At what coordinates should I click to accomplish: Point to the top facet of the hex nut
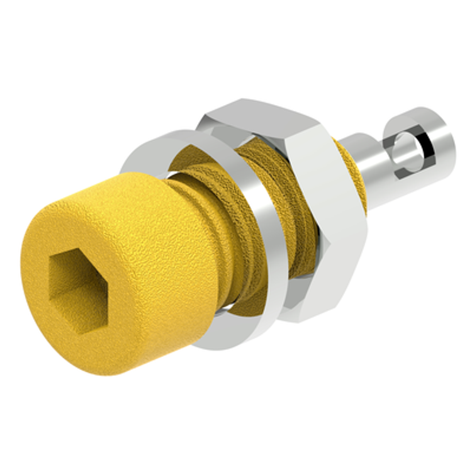point(264,113)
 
